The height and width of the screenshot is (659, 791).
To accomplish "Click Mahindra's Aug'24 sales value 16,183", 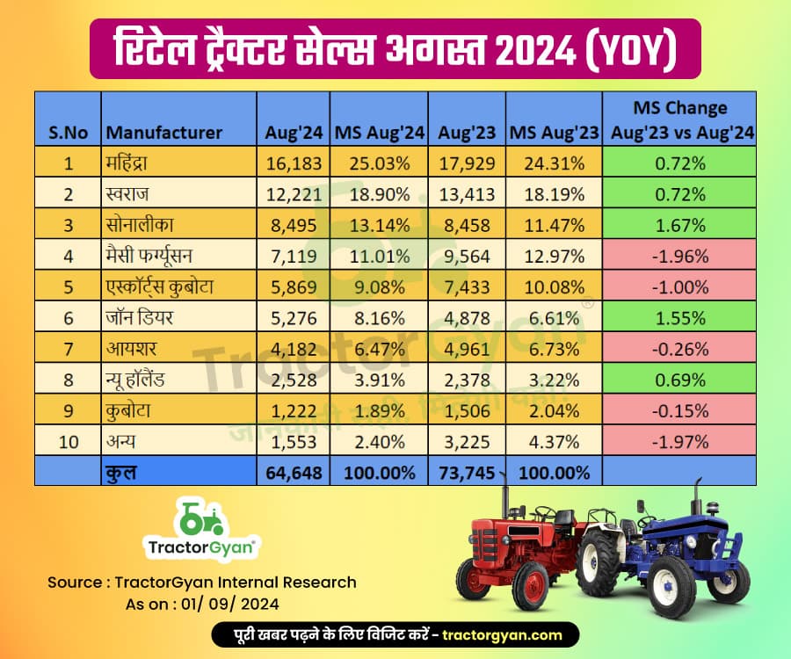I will (294, 163).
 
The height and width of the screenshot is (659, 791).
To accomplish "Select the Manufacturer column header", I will (163, 134).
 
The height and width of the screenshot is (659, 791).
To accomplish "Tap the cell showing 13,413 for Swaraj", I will (466, 194).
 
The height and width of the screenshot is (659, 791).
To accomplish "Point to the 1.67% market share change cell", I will (680, 225).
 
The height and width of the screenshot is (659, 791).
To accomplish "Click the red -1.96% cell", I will (680, 256).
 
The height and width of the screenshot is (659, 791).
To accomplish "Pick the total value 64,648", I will (294, 472).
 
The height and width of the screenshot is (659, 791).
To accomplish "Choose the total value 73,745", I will (466, 472).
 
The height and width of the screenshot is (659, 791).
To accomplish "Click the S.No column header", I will (68, 134).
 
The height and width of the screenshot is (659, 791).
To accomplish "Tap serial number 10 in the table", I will (68, 441).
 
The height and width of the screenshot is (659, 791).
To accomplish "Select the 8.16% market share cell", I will (379, 318).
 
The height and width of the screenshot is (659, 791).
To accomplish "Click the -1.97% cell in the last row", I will (680, 441).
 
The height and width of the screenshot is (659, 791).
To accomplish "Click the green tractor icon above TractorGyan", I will (201, 519).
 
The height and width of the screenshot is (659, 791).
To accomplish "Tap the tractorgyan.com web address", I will (501, 634).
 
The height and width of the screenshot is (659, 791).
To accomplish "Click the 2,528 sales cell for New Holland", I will (294, 380).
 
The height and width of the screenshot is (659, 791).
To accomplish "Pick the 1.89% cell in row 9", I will (379, 410).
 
